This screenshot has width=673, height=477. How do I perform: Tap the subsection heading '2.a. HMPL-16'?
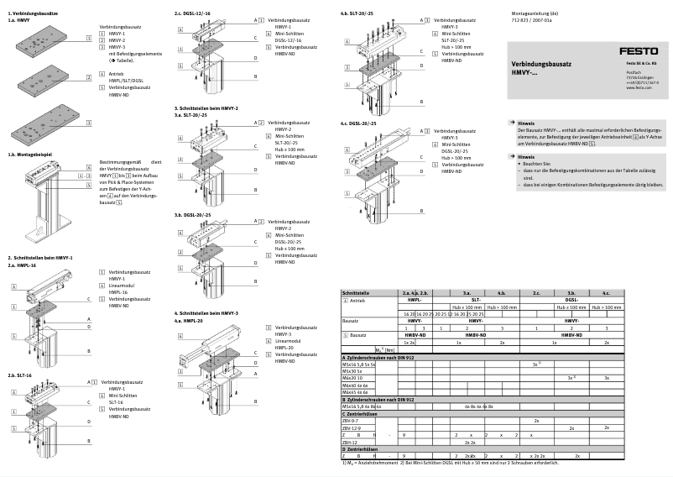coord(23,265)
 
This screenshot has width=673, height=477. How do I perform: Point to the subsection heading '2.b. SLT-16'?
coord(22,376)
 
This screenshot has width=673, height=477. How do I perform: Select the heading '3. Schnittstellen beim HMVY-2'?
coord(206,108)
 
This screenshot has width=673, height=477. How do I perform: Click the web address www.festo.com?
coord(639,87)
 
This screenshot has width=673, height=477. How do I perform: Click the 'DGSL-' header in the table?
coord(571,298)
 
